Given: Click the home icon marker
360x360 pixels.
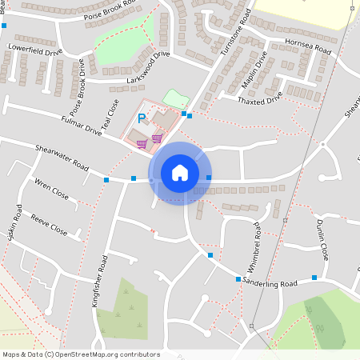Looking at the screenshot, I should pos(180,173).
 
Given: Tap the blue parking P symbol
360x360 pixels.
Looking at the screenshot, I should pos(142,118).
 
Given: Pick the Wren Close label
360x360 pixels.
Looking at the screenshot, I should pos(51,190).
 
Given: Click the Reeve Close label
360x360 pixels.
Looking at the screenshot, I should pos(49,224).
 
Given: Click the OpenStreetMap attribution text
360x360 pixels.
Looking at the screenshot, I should pos(81,354).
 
